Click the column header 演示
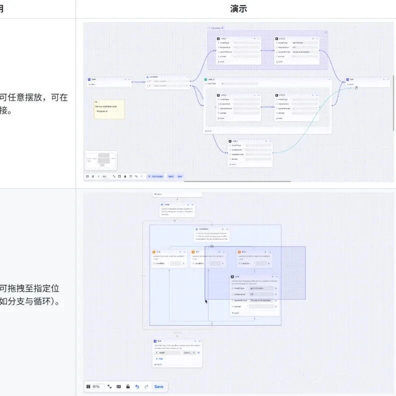tap(238, 9)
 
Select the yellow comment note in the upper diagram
tap(109, 109)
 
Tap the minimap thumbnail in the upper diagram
tap(101, 160)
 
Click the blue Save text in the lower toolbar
tap(159, 387)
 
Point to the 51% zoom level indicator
tap(96, 387)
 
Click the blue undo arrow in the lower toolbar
tap(137, 387)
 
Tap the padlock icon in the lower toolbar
tap(128, 387)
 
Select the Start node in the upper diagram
tap(109, 82)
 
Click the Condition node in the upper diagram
tap(168, 81)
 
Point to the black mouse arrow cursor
tap(206, 301)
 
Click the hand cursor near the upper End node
tap(357, 88)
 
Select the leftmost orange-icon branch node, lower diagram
tap(169, 259)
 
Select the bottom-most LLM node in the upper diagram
tap(250, 153)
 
